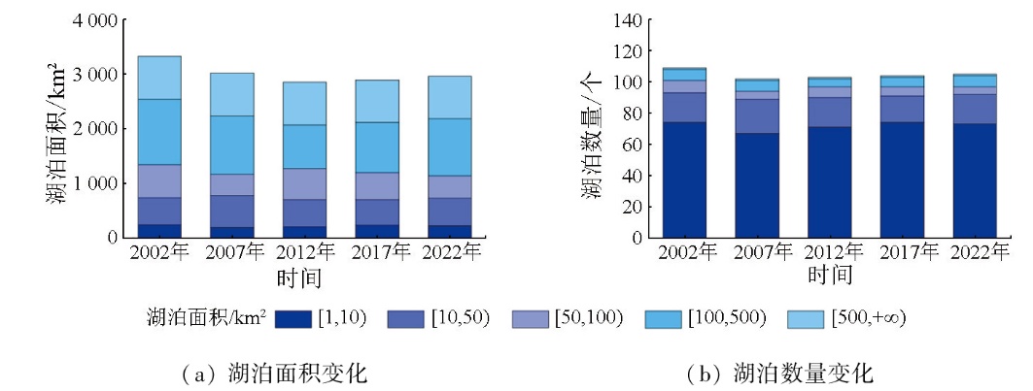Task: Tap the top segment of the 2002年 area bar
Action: (159, 78)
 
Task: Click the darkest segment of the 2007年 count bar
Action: (758, 184)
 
